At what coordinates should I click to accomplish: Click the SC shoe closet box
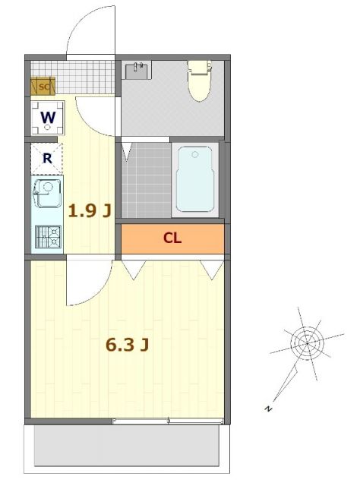pyautogui.click(x=42, y=87)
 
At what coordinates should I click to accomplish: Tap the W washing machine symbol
pyautogui.click(x=47, y=118)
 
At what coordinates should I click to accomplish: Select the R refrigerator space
pyautogui.click(x=46, y=158)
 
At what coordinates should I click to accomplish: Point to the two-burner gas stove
pyautogui.click(x=48, y=236)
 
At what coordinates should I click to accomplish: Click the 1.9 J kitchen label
pyautogui.click(x=90, y=211)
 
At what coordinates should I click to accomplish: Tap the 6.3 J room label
pyautogui.click(x=126, y=345)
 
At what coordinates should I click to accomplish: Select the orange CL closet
pyautogui.click(x=173, y=238)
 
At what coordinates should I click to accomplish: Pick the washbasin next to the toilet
pyautogui.click(x=138, y=71)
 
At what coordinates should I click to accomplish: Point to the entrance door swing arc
pyautogui.click(x=90, y=34)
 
